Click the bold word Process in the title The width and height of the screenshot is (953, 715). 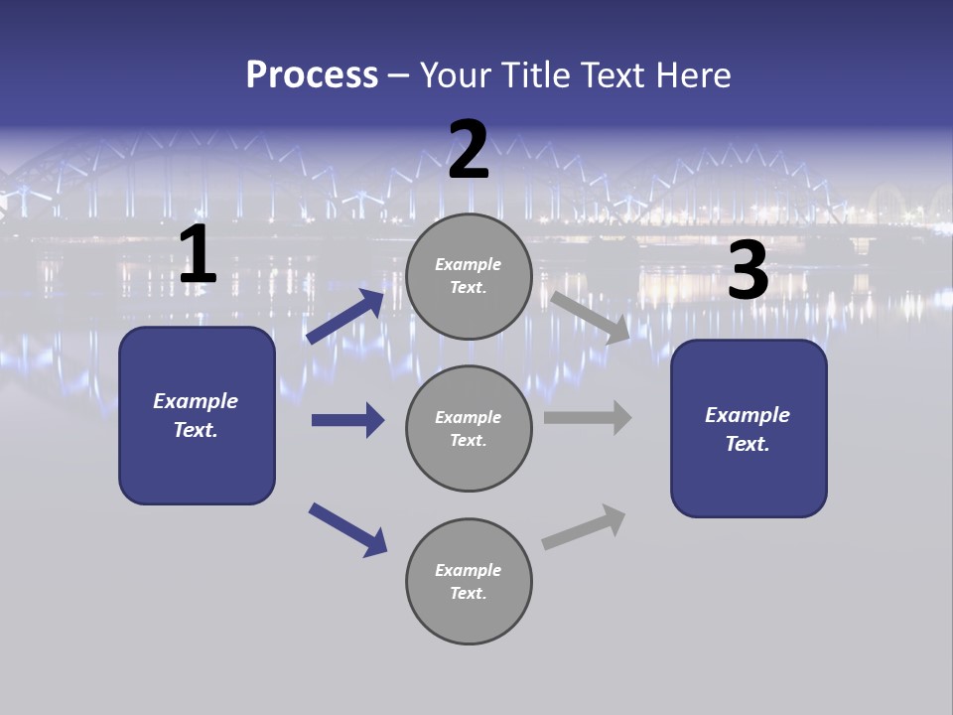pyautogui.click(x=312, y=75)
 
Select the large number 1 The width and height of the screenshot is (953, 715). pyautogui.click(x=198, y=255)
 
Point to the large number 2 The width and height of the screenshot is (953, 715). pyautogui.click(x=469, y=150)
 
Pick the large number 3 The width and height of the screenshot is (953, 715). pyautogui.click(x=748, y=271)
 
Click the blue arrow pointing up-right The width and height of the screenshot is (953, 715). pyautogui.click(x=345, y=317)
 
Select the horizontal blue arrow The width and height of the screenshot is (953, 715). pyautogui.click(x=347, y=420)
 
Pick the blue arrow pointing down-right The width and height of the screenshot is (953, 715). pyautogui.click(x=347, y=529)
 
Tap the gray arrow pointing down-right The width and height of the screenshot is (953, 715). pyautogui.click(x=590, y=317)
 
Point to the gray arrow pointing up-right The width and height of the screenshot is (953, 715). pyautogui.click(x=584, y=526)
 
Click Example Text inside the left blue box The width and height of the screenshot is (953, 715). pyautogui.click(x=196, y=415)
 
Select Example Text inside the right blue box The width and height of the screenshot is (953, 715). pyautogui.click(x=748, y=429)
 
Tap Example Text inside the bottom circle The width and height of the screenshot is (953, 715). pyautogui.click(x=469, y=582)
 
